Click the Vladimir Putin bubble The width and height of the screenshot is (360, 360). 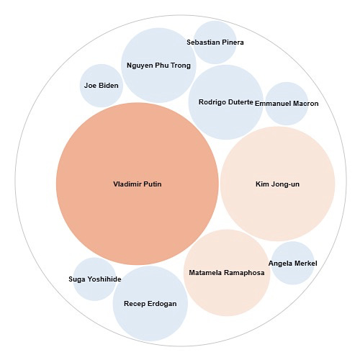tap(138, 184)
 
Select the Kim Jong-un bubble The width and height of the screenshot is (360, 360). tap(278, 184)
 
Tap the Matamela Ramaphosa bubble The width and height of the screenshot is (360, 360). tap(227, 273)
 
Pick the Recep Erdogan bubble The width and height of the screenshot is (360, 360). tap(150, 303)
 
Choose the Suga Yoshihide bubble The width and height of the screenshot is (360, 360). tap(95, 279)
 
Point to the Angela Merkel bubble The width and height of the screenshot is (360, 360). tap(293, 263)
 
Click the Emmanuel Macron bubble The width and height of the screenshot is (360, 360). tap(287, 104)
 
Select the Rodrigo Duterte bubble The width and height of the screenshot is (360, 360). tap(226, 102)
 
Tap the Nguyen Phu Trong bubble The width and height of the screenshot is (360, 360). tap(158, 66)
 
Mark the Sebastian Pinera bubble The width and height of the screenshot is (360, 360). tap(215, 42)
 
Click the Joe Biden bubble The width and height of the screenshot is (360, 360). tap(102, 86)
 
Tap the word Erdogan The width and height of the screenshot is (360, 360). tap(162, 304)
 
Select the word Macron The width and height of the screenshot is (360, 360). tap(306, 104)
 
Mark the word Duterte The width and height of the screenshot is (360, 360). tap(240, 102)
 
